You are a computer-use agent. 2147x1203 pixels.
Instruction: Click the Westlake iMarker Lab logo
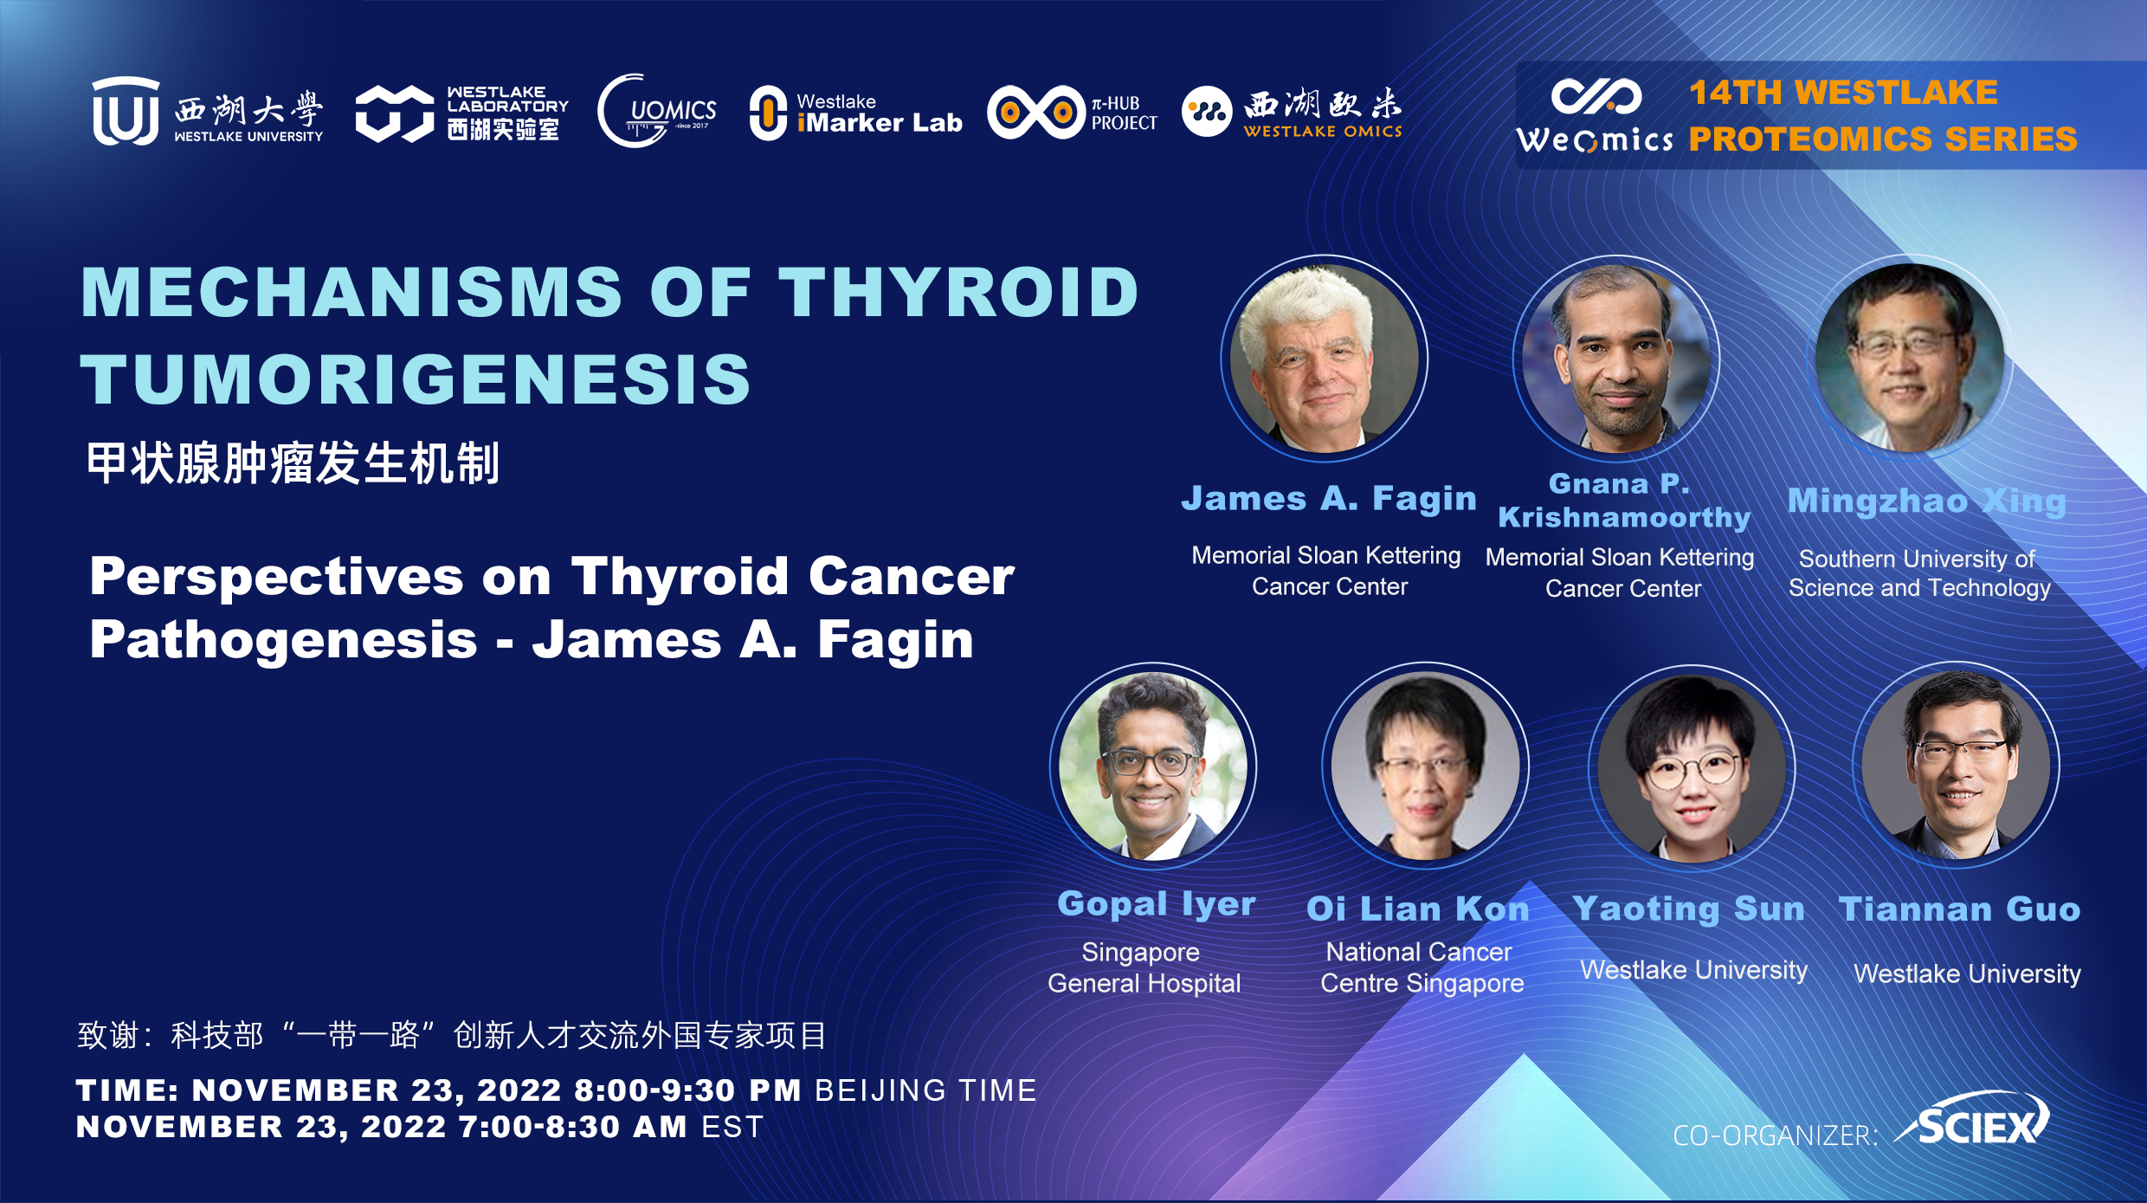tap(855, 113)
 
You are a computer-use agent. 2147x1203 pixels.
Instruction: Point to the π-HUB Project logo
tap(1073, 113)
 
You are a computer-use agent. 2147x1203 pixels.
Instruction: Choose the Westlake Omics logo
tap(1292, 113)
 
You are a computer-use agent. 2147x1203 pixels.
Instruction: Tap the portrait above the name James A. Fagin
tap(1325, 358)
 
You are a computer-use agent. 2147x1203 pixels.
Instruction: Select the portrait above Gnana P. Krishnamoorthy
tap(1616, 358)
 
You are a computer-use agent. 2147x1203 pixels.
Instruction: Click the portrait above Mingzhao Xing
tap(1911, 358)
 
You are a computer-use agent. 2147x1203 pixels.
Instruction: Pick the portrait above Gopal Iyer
tap(1153, 766)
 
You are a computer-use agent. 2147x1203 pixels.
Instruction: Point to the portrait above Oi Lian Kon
tap(1425, 766)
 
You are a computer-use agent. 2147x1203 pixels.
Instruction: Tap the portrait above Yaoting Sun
tap(1692, 767)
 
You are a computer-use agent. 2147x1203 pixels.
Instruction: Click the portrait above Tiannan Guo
tap(1956, 766)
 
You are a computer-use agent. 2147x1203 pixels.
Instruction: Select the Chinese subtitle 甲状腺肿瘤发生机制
tap(293, 462)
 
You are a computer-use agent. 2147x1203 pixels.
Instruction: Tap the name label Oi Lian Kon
tap(1418, 909)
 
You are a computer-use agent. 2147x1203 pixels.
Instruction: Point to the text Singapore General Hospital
tap(1144, 967)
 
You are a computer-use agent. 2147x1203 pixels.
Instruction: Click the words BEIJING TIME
tap(925, 1090)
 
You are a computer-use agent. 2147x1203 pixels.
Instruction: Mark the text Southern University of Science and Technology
tap(1919, 573)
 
